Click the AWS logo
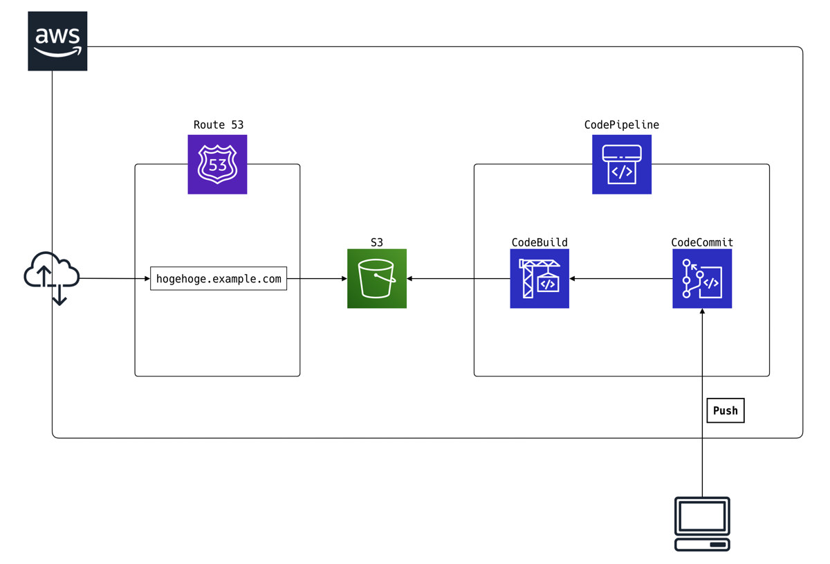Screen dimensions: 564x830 tap(58, 41)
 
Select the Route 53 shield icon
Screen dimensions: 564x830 tap(217, 164)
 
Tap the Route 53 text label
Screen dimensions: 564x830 tap(218, 125)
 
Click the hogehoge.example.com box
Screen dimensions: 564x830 tap(219, 279)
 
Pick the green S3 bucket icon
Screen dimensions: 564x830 tap(377, 279)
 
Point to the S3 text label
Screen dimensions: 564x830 tap(377, 242)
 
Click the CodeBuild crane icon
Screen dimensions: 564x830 tap(539, 279)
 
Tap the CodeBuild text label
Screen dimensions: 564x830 tap(539, 242)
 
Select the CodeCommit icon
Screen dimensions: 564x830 tap(702, 279)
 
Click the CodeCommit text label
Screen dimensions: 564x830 tap(702, 242)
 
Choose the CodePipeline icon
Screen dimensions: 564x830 tap(622, 164)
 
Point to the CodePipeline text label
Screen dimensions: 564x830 tap(622, 125)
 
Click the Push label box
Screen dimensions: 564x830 tap(725, 410)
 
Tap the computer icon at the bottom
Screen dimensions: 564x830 tap(702, 524)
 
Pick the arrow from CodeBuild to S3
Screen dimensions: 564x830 tap(458, 279)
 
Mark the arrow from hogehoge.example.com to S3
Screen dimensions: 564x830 tap(317, 279)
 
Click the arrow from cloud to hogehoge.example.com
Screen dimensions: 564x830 tap(115, 279)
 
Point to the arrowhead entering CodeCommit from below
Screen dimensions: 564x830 tap(702, 313)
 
